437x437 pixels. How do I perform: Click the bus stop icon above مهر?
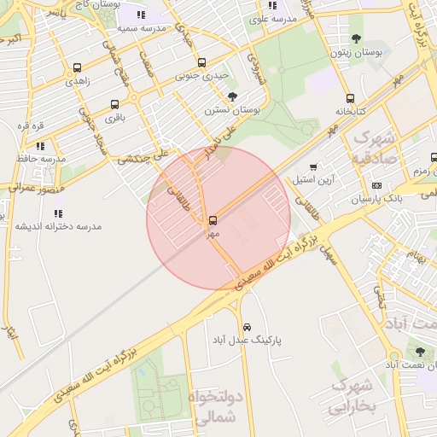[x=213, y=220]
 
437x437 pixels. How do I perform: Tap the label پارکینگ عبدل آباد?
[x=247, y=340]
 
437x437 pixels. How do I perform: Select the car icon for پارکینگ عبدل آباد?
[x=247, y=327]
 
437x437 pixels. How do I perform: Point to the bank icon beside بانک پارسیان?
[x=376, y=186]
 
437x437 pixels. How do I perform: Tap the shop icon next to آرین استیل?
[x=313, y=167]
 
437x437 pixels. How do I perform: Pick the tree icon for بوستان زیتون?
[x=356, y=38]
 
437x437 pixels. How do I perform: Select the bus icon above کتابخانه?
[x=350, y=98]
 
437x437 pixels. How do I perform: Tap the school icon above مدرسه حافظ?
[x=40, y=146]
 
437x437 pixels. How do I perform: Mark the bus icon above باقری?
[x=114, y=105]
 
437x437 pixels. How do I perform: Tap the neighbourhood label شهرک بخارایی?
[x=352, y=395]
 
